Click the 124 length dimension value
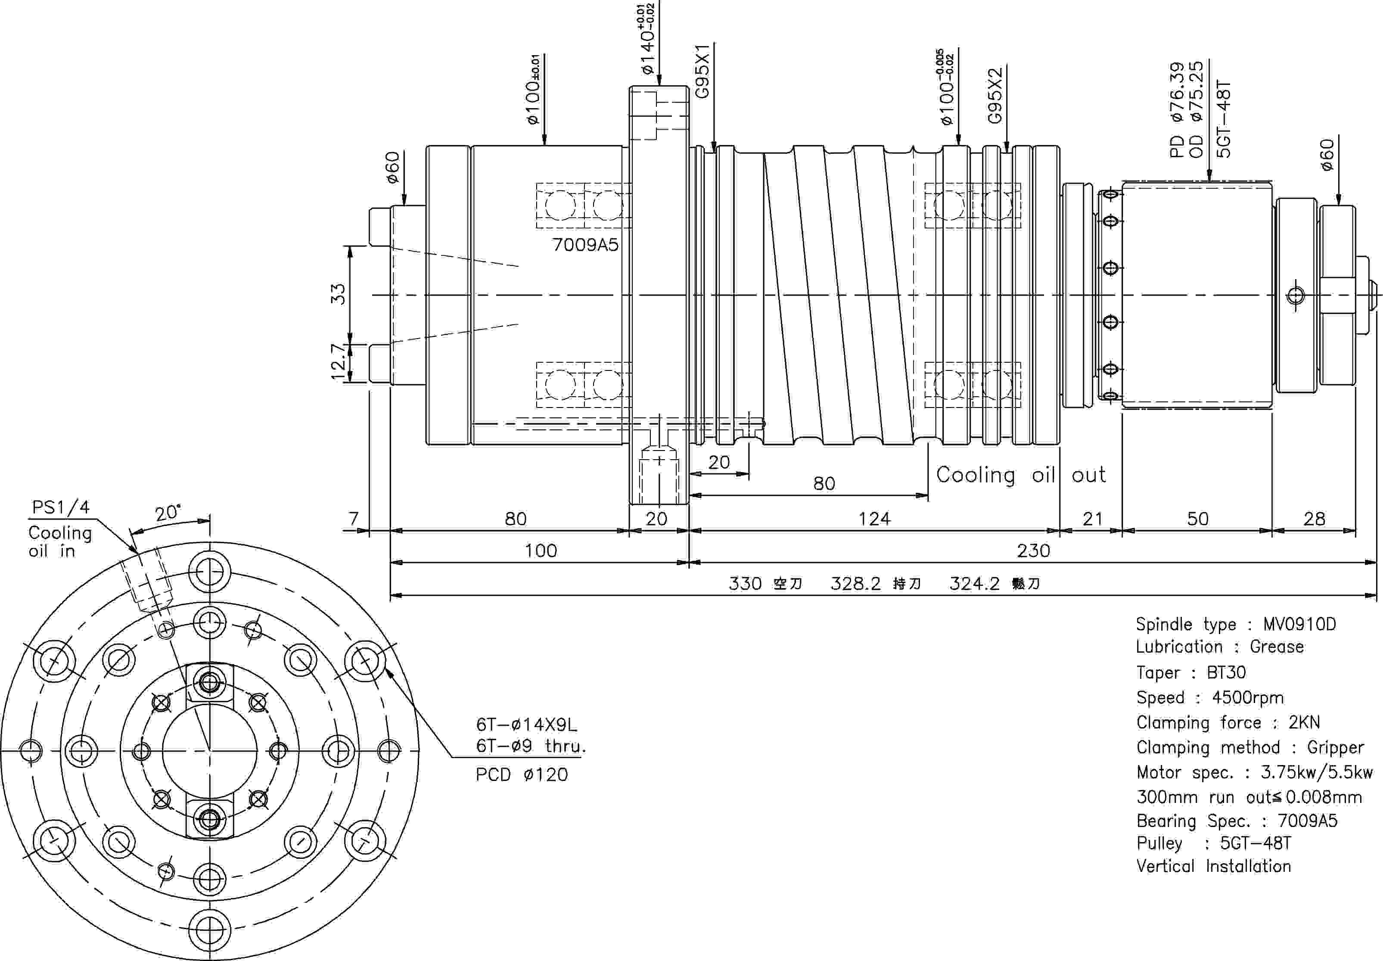pos(874,519)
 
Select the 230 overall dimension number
pos(1034,550)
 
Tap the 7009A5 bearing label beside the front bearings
pos(585,245)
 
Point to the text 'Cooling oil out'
pos(1020,475)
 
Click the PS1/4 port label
pos(61,507)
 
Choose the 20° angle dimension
pos(168,513)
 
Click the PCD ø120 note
pos(522,774)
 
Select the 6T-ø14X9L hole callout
pos(526,725)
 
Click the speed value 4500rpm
pos(1247,697)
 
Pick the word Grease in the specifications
pos(1277,647)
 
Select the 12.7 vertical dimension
pos(339,362)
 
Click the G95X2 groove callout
pos(995,95)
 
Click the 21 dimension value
pos(1092,519)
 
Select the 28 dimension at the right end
pos(1315,519)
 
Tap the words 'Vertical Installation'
pos(1214,866)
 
